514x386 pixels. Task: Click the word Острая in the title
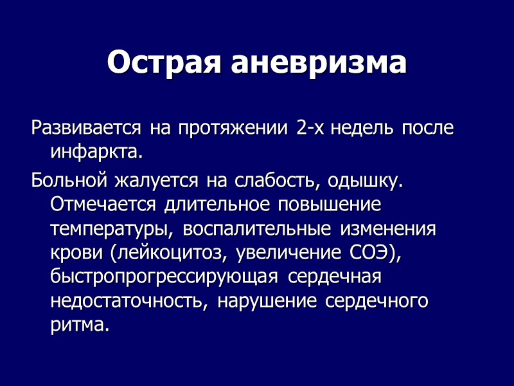click(164, 63)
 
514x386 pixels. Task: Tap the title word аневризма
click(318, 63)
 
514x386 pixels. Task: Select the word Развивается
click(86, 127)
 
